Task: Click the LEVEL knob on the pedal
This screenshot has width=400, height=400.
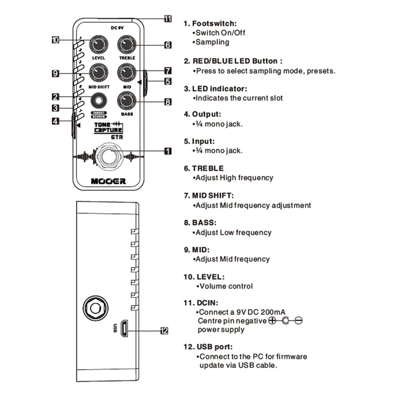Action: [98, 44]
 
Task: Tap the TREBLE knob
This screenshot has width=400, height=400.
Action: [126, 44]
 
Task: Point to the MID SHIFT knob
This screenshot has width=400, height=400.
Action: [98, 72]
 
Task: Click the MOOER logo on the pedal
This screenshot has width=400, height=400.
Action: [108, 181]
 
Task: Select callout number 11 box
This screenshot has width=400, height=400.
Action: [167, 18]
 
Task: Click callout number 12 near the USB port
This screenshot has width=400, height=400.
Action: [164, 331]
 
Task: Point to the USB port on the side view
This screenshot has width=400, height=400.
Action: [124, 328]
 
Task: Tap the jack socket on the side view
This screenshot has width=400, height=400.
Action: [95, 308]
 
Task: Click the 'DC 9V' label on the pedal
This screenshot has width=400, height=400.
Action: [117, 28]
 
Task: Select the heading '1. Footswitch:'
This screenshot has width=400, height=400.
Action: [210, 23]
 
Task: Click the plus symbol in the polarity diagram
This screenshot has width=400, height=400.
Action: [272, 320]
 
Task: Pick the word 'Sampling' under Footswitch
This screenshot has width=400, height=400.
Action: [212, 42]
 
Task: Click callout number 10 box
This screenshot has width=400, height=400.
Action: [55, 40]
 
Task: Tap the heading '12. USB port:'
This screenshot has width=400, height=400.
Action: [208, 347]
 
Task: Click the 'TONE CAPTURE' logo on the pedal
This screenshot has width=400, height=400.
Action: [108, 127]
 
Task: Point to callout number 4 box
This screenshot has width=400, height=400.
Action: [55, 121]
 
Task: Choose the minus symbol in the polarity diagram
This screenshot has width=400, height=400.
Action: [298, 320]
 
